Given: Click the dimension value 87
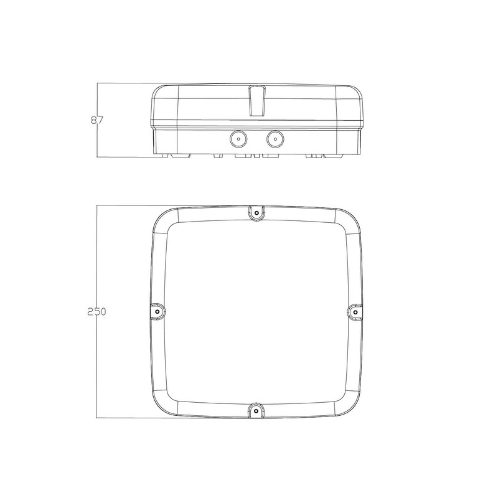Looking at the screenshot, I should click(95, 120).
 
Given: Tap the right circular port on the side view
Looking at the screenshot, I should click(274, 138).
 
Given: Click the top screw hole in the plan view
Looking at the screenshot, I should click(256, 212).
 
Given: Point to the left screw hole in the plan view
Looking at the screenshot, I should click(157, 310).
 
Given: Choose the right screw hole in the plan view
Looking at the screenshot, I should click(354, 310).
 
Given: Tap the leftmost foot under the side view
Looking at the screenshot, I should click(163, 154).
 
